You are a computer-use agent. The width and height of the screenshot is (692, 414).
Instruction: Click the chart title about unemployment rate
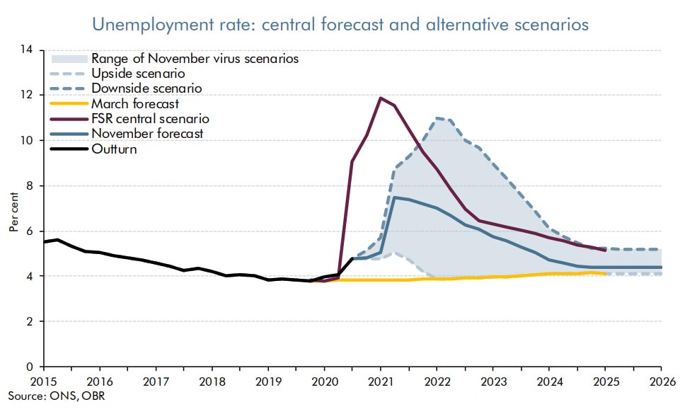pos(340,24)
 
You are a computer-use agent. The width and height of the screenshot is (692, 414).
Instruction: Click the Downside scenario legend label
pos(146,88)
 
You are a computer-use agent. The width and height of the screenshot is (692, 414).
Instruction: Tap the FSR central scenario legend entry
pos(150,118)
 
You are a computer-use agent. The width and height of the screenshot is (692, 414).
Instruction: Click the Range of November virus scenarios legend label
pos(195,59)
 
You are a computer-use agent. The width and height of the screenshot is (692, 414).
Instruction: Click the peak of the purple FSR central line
pos(381,98)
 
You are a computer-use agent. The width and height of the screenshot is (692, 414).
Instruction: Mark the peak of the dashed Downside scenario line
pos(437,117)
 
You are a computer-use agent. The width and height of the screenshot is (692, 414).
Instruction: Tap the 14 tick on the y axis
pos(28,50)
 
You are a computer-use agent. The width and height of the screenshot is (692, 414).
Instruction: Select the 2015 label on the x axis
pos(43,380)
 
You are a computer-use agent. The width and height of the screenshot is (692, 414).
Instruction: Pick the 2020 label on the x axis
pos(324,380)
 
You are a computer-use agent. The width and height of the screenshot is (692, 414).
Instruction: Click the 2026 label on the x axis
pos(661,380)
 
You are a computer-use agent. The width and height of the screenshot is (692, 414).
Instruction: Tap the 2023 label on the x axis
pos(492,380)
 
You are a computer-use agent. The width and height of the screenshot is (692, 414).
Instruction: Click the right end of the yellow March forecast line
pos(605,273)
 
